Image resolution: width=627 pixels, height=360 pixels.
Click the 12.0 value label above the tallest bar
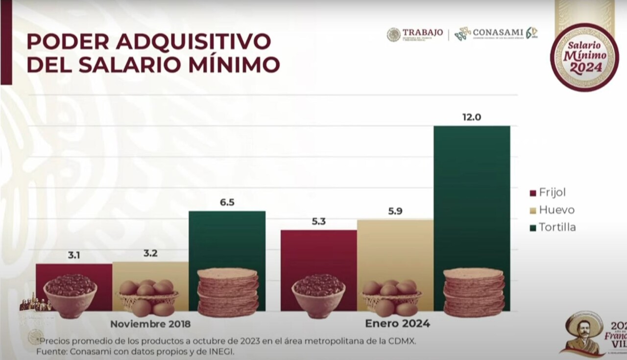point(471,118)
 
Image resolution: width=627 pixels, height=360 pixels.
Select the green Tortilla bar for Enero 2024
point(472,196)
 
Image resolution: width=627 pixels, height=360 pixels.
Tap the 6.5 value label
point(227,202)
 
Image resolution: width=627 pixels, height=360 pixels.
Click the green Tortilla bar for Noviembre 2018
point(227,240)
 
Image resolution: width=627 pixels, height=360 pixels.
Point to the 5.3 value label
point(318,221)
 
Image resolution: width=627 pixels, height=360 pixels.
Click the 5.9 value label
point(395,211)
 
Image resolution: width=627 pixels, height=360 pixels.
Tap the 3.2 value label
point(150,253)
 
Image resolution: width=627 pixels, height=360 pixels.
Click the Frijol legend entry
point(552,192)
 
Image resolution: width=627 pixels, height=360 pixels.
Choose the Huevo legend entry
point(556,210)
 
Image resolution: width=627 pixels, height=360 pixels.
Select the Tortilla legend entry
point(557,227)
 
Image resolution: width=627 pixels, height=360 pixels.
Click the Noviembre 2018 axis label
point(150,324)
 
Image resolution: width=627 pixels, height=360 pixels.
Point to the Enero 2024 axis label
point(397,324)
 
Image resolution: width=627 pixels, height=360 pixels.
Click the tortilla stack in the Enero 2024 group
point(473,292)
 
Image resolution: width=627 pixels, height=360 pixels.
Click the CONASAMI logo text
point(498,33)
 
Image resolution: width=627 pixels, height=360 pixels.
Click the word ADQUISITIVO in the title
point(193,42)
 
